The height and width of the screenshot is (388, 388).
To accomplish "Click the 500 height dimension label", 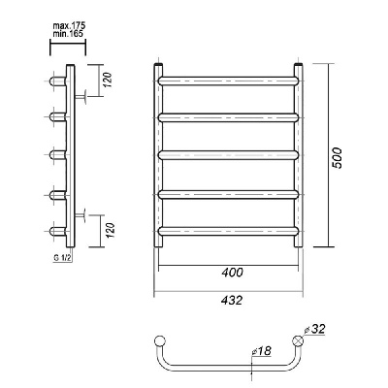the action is [x=337, y=158].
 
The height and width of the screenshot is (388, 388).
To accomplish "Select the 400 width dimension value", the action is [x=232, y=273].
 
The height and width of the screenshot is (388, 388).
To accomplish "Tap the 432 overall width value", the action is [x=232, y=301].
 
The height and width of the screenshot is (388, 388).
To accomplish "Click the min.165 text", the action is [x=67, y=33].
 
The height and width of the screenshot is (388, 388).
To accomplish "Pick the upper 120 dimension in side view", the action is [x=109, y=80].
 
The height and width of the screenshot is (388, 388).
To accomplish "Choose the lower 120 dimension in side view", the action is [x=110, y=230].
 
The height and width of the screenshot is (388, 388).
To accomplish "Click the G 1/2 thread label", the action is [x=62, y=258].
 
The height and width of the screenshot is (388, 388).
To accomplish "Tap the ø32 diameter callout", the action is [x=314, y=330].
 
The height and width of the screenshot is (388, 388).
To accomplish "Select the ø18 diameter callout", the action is [x=261, y=350].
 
